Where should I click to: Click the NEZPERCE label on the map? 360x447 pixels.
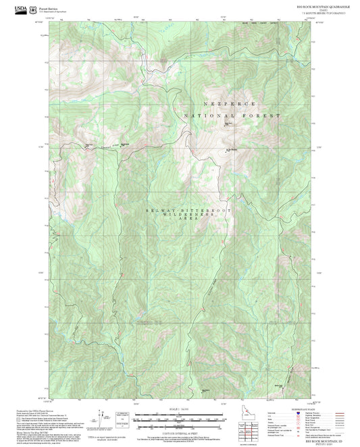click(230, 105)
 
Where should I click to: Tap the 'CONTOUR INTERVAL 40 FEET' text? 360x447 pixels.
click(179, 431)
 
